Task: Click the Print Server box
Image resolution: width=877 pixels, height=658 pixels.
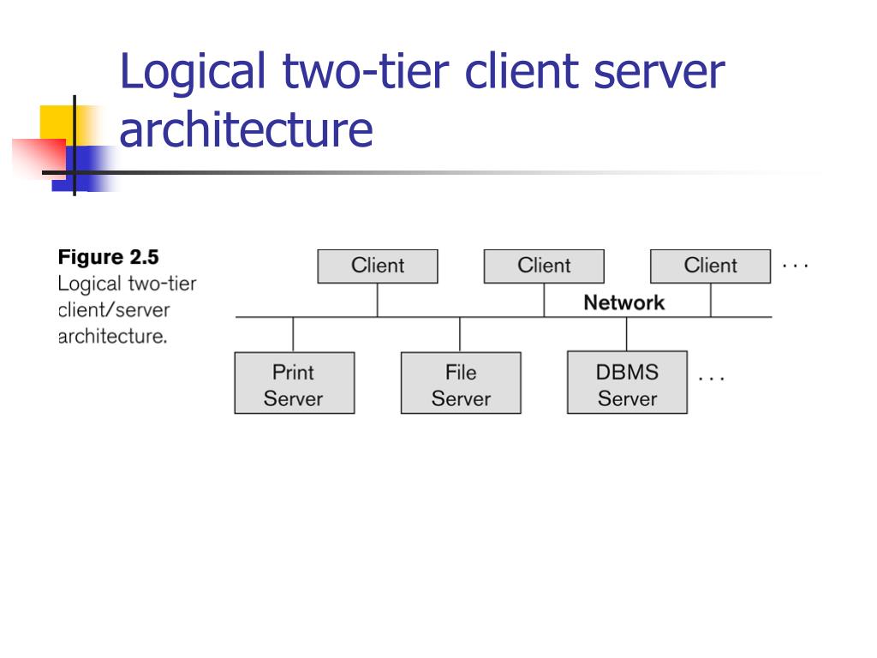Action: [294, 383]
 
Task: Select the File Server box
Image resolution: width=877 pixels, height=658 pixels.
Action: [461, 383]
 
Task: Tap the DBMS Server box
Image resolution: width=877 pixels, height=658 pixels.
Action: [627, 383]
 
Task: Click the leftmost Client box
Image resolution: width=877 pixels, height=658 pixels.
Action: [377, 266]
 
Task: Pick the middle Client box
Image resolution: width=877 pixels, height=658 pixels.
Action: [544, 266]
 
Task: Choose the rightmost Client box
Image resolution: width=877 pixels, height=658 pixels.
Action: [710, 266]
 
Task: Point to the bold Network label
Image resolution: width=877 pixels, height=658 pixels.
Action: [623, 302]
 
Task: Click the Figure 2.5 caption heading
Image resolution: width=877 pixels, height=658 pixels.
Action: [109, 257]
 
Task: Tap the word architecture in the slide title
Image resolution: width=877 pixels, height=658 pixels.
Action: [246, 129]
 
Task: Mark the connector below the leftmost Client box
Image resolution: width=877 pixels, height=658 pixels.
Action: [378, 300]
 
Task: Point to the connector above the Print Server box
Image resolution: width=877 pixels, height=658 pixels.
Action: [294, 334]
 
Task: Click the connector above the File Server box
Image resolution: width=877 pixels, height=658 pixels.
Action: [460, 334]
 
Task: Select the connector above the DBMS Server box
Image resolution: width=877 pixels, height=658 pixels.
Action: [627, 334]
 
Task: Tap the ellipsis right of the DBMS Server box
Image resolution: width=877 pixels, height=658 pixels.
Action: [711, 377]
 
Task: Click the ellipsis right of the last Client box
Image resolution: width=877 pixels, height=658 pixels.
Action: [795, 266]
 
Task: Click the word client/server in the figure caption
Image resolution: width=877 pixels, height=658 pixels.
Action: [114, 309]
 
